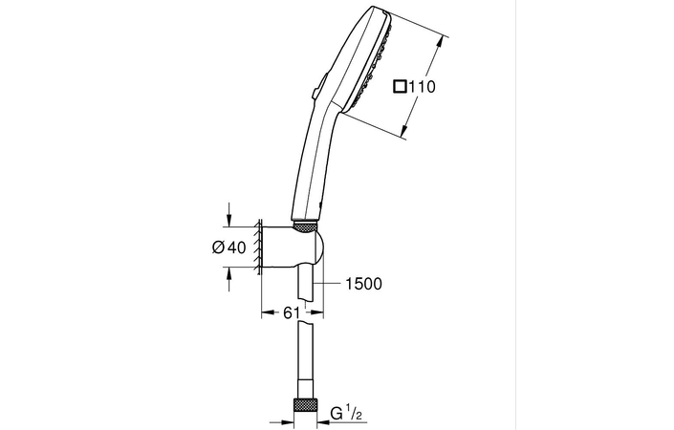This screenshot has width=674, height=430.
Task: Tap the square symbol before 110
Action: (x=400, y=87)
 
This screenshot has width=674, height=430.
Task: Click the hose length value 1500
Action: (x=364, y=284)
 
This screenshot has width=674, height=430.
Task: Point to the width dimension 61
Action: (x=293, y=312)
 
